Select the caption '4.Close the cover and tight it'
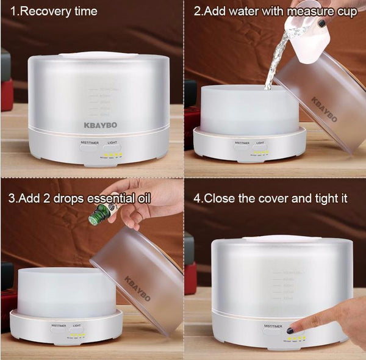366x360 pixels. click(x=275, y=198)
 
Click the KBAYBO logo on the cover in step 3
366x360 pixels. click(x=137, y=289)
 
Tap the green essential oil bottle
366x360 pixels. click(x=98, y=214)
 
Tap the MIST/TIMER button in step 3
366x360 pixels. click(x=59, y=327)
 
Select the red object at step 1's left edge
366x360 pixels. click(x=6, y=95)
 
